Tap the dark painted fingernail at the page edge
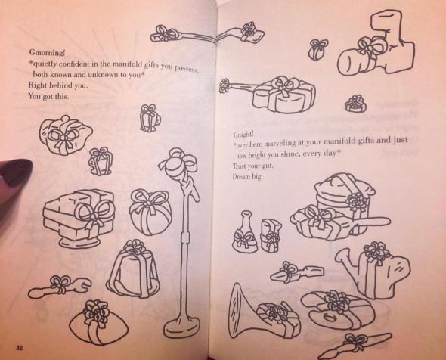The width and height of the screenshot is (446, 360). coord(11,169)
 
